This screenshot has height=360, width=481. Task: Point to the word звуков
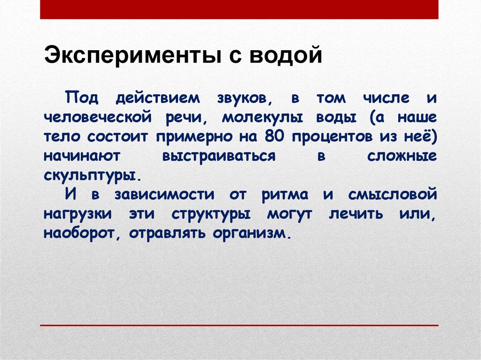(x=242, y=99)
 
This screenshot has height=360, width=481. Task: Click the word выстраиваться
(x=218, y=157)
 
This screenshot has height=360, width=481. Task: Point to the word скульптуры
(x=92, y=175)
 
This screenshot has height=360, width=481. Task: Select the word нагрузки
(x=78, y=214)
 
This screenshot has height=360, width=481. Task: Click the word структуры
(x=211, y=214)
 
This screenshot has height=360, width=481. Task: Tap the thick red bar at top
(x=239, y=9)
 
